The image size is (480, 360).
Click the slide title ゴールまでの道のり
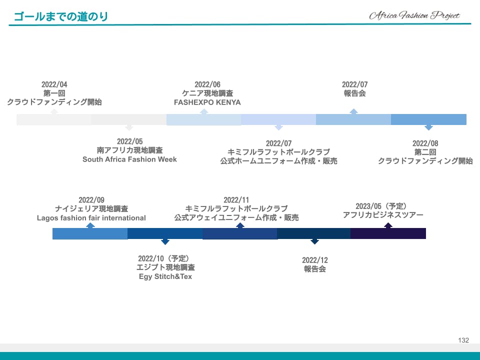61,16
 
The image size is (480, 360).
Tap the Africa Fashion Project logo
414,15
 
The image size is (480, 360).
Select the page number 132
463,340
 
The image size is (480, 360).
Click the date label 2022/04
54,84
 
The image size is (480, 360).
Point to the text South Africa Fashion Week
129,159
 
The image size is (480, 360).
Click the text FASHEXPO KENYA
207,102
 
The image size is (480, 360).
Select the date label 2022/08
425,143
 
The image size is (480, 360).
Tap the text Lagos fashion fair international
91,218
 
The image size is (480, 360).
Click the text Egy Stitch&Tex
165,276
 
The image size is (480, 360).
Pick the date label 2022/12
314,260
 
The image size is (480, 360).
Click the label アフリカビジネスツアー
383,215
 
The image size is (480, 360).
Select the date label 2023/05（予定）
381,206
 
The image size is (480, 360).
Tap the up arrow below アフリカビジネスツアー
388,225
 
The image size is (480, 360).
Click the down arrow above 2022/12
314,241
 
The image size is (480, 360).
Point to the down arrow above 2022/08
428,127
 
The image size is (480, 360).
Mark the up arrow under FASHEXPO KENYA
204,111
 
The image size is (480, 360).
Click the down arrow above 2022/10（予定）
165,241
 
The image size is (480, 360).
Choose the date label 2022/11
236,200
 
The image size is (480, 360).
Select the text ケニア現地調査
207,93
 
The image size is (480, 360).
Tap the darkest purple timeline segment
388,233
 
